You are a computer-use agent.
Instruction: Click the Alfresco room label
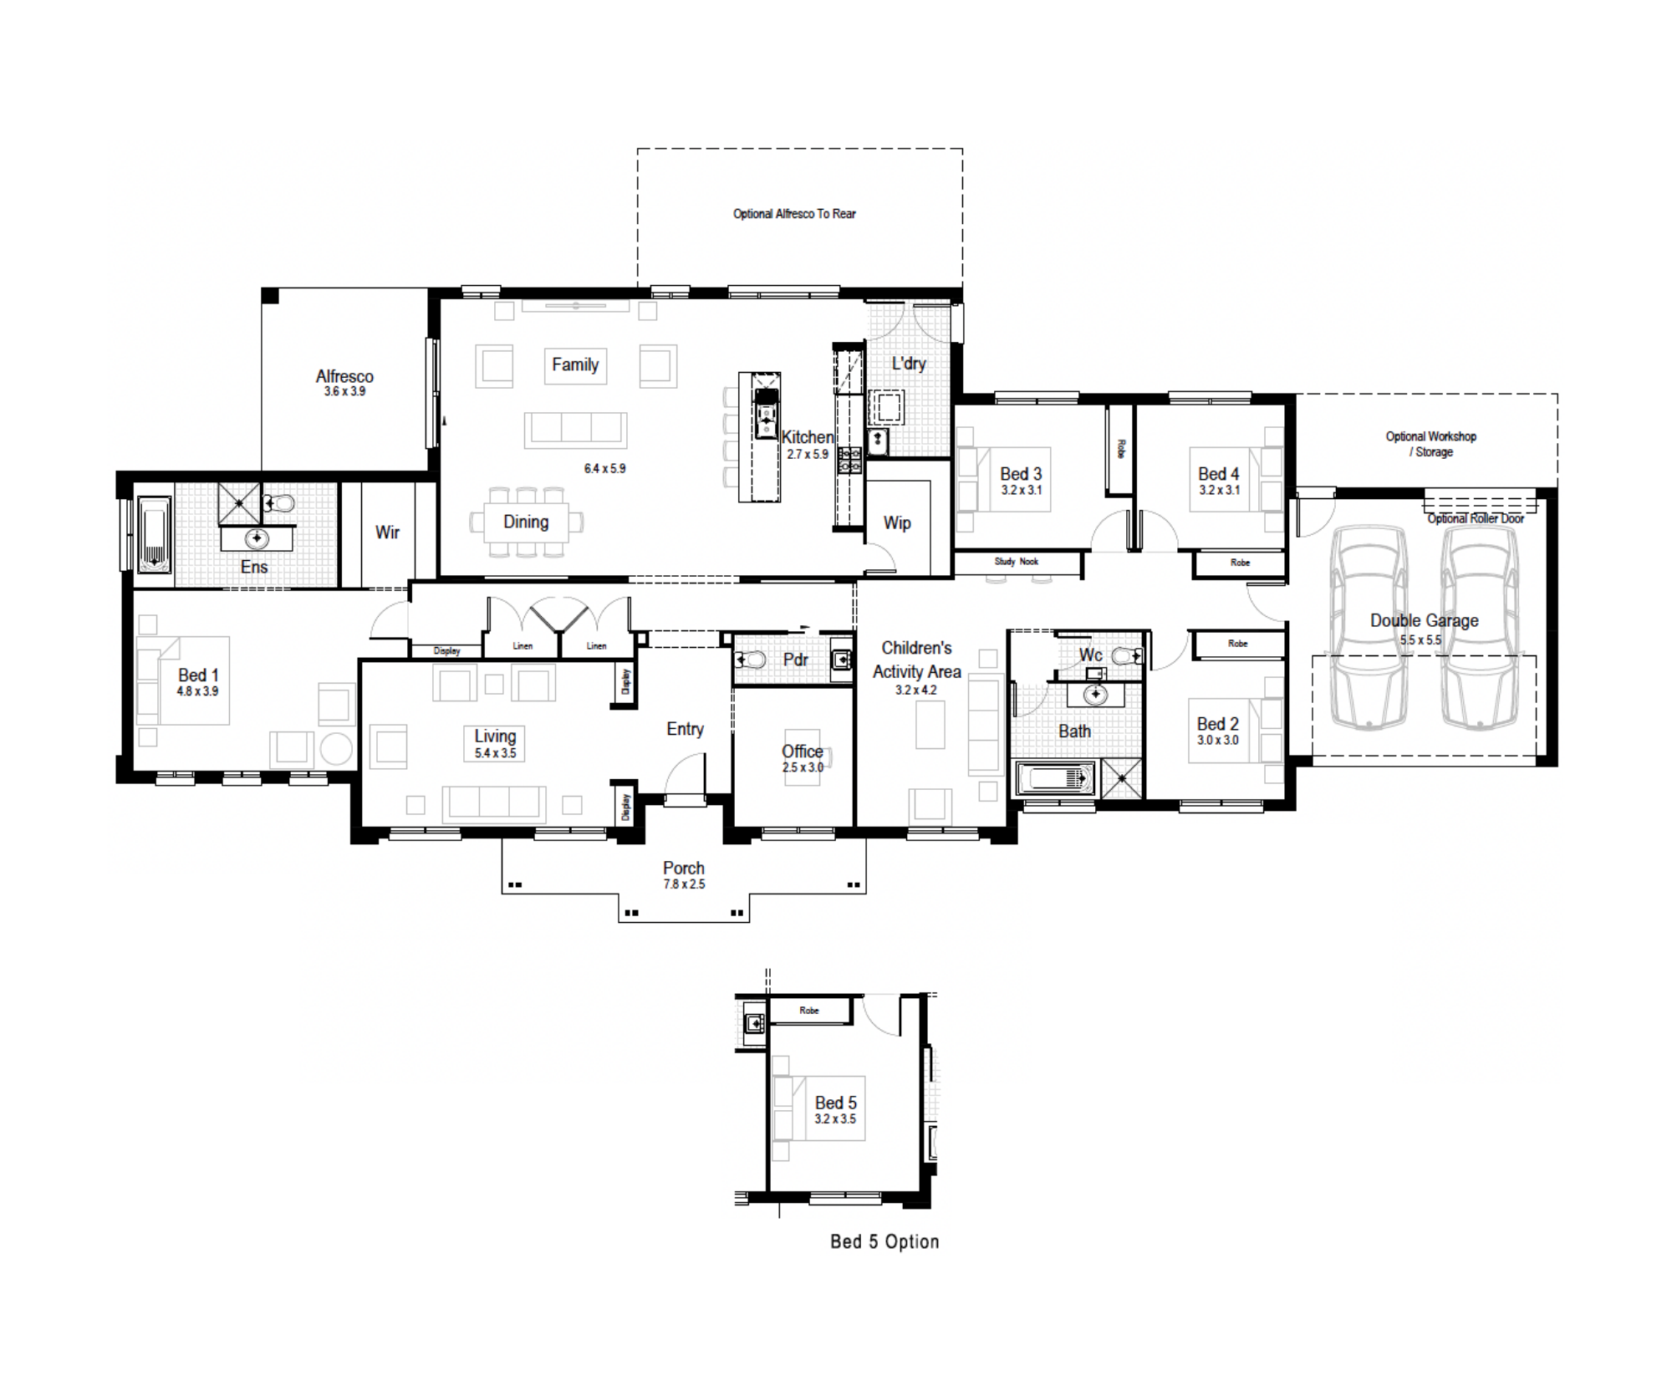(x=344, y=376)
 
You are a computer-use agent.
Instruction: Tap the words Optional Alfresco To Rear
(x=794, y=214)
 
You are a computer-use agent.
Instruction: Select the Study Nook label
(x=1016, y=562)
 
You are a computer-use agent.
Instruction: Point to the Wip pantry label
(x=897, y=523)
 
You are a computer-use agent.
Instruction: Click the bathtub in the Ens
(x=154, y=535)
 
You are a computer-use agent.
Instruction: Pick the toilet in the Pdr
(x=751, y=660)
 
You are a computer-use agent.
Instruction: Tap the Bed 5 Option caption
(x=884, y=1241)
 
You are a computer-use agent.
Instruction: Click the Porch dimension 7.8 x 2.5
(x=684, y=884)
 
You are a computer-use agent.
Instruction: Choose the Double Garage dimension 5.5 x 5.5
(x=1420, y=640)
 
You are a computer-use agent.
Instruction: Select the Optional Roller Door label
(x=1476, y=519)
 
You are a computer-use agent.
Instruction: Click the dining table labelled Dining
(x=527, y=522)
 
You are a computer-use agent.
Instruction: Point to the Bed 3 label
(x=1021, y=474)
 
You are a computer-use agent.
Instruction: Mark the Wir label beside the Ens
(x=387, y=532)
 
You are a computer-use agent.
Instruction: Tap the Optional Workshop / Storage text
(x=1431, y=444)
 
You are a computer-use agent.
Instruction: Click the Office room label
(x=803, y=751)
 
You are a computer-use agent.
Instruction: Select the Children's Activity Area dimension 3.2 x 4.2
(x=916, y=690)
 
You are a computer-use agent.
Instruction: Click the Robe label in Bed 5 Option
(x=809, y=1011)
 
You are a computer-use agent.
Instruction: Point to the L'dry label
(x=909, y=364)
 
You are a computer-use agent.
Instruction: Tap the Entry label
(x=685, y=730)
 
